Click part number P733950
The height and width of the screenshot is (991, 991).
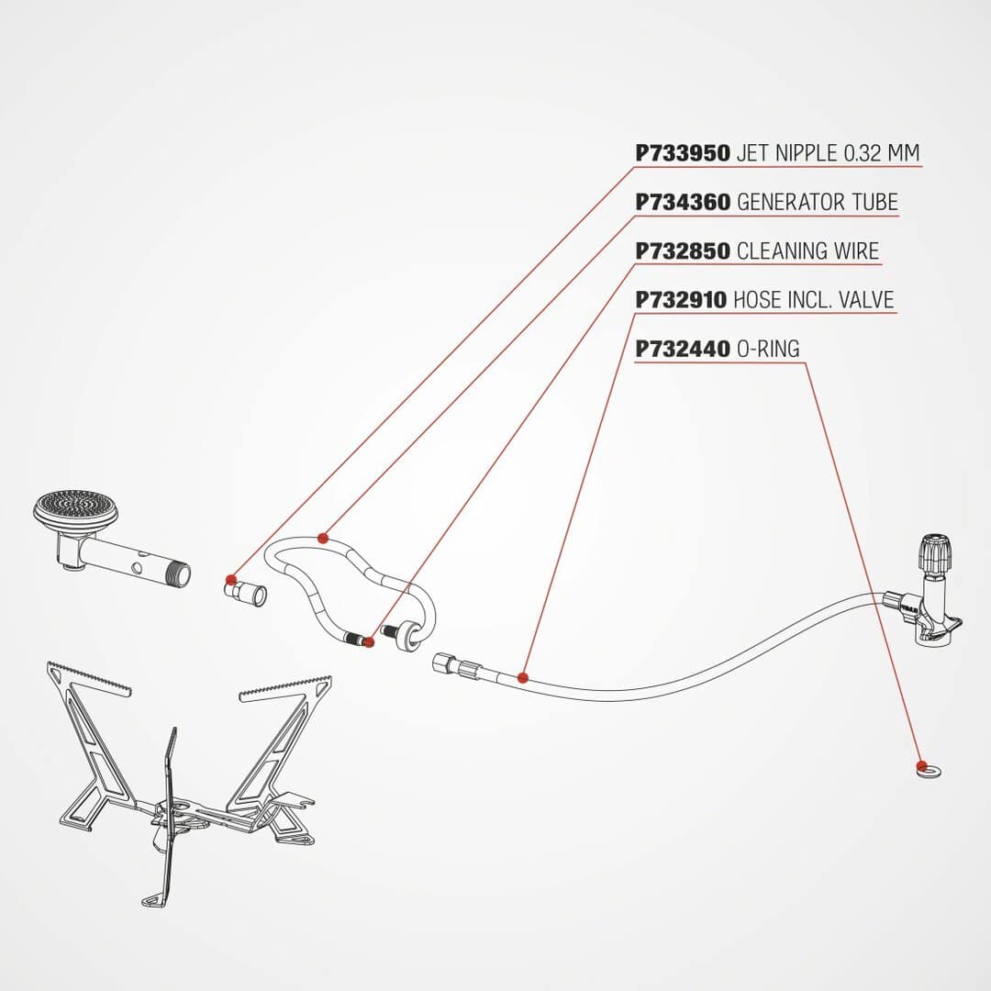(x=683, y=153)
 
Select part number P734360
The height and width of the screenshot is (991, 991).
(x=683, y=202)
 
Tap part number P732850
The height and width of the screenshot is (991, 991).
(x=683, y=251)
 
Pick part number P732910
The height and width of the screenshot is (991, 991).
(x=681, y=299)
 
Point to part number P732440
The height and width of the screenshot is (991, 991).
(x=683, y=349)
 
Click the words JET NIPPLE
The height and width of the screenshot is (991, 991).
(x=787, y=153)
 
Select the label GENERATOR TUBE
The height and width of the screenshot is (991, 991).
(x=818, y=202)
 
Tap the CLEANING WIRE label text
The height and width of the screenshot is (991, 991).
(x=808, y=251)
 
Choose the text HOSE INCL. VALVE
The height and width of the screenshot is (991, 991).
(x=814, y=299)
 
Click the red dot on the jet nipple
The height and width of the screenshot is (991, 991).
(x=230, y=580)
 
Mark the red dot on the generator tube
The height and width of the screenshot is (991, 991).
(x=323, y=539)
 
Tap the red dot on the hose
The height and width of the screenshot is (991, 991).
(x=522, y=678)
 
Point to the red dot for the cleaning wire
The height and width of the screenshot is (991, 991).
(x=369, y=642)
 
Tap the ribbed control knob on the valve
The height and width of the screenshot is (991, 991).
(x=934, y=552)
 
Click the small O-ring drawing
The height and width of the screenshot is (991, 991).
(x=929, y=770)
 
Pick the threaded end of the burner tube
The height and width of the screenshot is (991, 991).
(x=179, y=574)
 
